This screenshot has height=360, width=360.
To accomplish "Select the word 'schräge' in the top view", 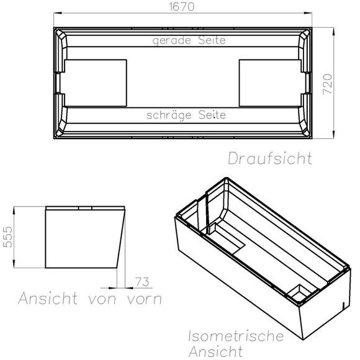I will tap(167, 115).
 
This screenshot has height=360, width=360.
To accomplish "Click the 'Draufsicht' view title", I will tap(269, 158).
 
